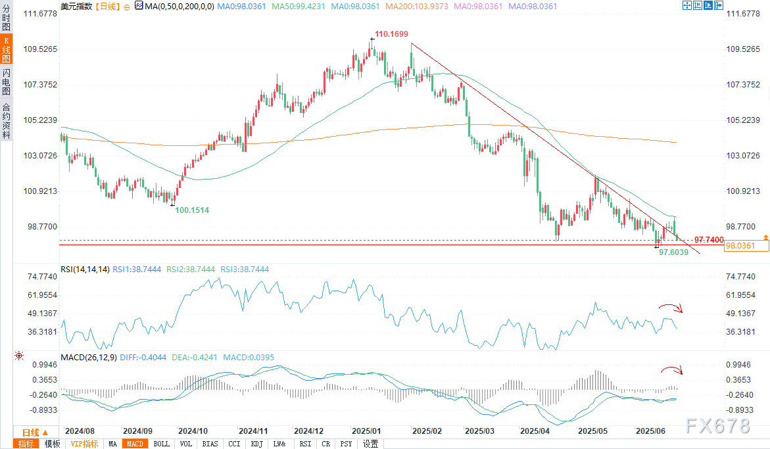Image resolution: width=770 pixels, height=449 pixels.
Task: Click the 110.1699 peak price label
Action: click(x=391, y=34)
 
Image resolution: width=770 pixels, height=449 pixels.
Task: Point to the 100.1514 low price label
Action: click(x=192, y=210)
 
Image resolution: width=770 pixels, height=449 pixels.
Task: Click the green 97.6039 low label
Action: click(x=673, y=252)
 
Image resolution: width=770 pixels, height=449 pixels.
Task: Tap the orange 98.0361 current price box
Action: click(x=727, y=246)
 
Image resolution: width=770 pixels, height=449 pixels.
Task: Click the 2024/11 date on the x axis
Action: click(x=253, y=431)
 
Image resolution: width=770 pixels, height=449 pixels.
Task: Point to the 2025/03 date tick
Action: click(x=479, y=431)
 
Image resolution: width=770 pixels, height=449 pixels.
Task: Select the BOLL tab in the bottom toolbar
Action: click(x=161, y=444)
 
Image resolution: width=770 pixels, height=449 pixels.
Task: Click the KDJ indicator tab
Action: click(x=256, y=444)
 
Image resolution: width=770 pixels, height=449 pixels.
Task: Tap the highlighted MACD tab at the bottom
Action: click(x=135, y=444)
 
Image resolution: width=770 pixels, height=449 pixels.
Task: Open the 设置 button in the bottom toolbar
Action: click(x=371, y=444)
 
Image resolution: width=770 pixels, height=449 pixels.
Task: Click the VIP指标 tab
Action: click(x=85, y=444)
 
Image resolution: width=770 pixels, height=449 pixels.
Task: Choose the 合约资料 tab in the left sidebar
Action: click(x=6, y=120)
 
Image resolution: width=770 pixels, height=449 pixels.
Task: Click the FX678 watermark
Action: click(x=717, y=425)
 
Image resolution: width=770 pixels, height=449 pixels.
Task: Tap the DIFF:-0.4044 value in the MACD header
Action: click(x=143, y=357)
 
